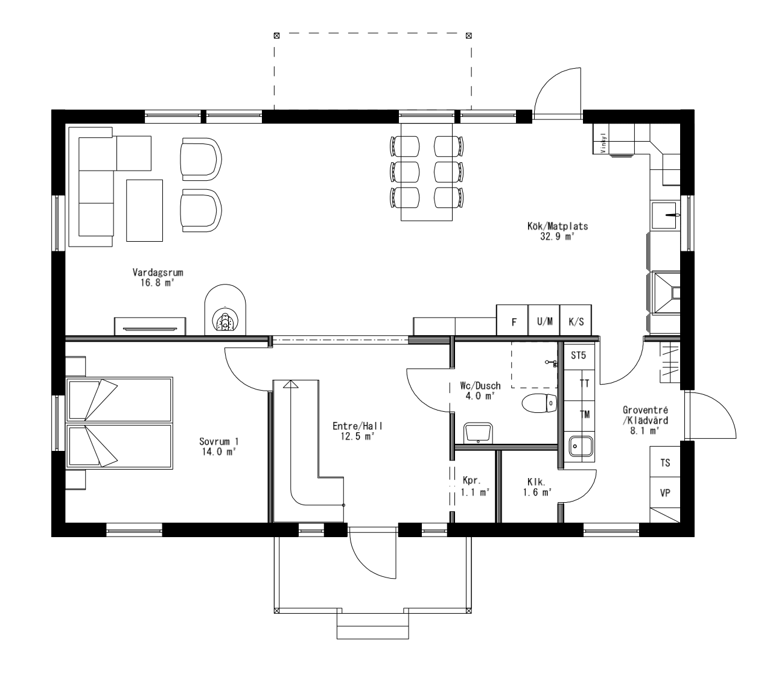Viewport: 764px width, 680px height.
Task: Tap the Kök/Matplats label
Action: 556,227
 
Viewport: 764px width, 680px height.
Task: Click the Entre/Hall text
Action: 357,426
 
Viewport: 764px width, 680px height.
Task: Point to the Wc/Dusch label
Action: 480,386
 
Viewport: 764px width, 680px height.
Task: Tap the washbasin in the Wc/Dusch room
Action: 479,433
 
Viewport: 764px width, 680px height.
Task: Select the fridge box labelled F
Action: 513,321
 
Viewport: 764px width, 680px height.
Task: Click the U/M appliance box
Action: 544,321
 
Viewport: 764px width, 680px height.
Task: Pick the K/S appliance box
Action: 576,321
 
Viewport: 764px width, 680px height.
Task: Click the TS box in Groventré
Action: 665,463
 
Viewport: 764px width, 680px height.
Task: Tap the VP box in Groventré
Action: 665,493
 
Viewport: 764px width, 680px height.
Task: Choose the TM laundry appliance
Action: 584,414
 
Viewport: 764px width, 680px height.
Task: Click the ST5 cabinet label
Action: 579,355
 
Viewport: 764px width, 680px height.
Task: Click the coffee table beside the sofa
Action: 145,210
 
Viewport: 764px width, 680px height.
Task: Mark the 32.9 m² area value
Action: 556,237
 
